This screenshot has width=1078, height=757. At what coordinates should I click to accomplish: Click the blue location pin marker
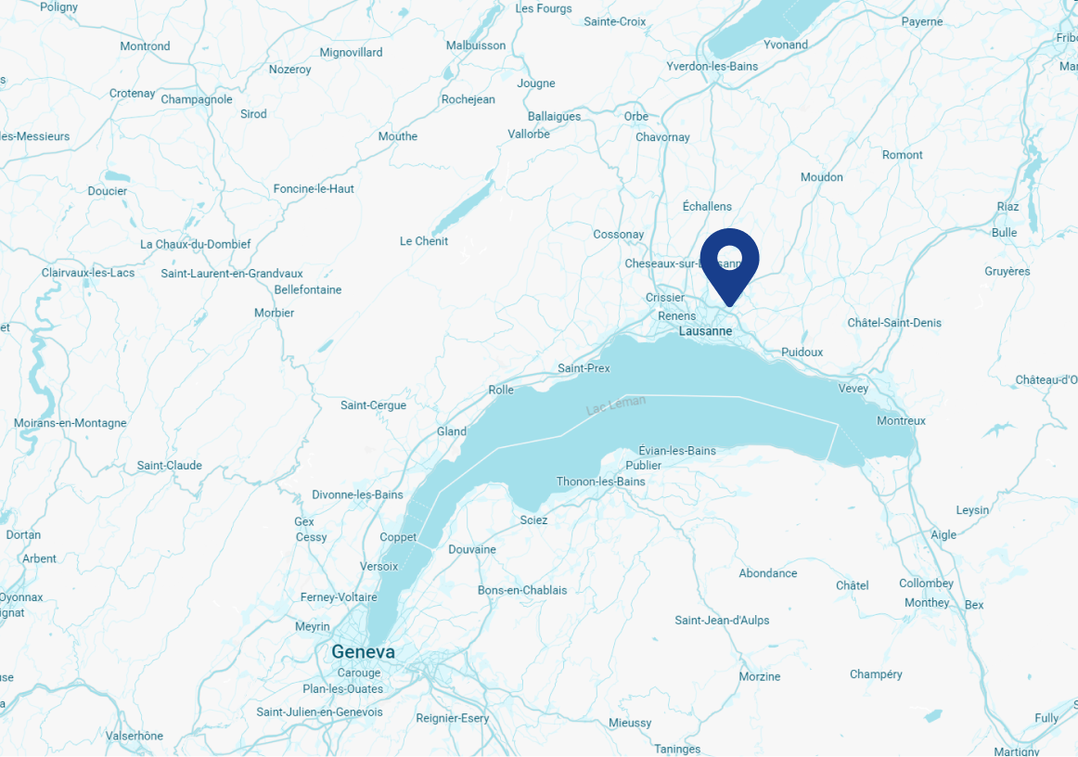pos(729,259)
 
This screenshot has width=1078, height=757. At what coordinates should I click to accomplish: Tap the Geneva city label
pos(363,652)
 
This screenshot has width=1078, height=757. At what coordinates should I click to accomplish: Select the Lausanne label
pos(705,331)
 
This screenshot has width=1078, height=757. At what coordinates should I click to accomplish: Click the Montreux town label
pos(901,421)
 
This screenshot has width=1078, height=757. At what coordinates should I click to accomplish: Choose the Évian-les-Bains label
pos(677,451)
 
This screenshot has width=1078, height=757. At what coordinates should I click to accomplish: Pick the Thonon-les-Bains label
pos(600,481)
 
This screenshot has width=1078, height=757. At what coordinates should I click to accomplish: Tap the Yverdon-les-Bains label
pos(712,67)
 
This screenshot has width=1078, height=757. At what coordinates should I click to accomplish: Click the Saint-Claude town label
pos(169,466)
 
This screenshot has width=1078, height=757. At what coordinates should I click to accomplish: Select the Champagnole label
pos(197,100)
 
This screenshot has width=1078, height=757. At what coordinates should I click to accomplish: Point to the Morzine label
pos(760,677)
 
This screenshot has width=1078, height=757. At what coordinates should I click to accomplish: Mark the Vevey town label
pos(853,389)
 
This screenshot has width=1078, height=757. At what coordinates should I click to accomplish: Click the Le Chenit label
pos(424,241)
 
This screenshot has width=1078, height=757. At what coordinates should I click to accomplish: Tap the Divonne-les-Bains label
pos(357,494)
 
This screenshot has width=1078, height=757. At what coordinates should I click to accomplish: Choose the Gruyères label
pos(1007,272)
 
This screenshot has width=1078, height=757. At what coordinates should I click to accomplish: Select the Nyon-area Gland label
pos(452,432)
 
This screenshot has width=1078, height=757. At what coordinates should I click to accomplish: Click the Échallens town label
pos(707,207)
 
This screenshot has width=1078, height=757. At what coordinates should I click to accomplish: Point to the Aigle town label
pos(943,535)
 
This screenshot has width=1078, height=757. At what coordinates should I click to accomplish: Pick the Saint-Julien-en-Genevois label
pos(319,712)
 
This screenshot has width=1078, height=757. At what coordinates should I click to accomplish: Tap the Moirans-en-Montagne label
pos(70,423)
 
